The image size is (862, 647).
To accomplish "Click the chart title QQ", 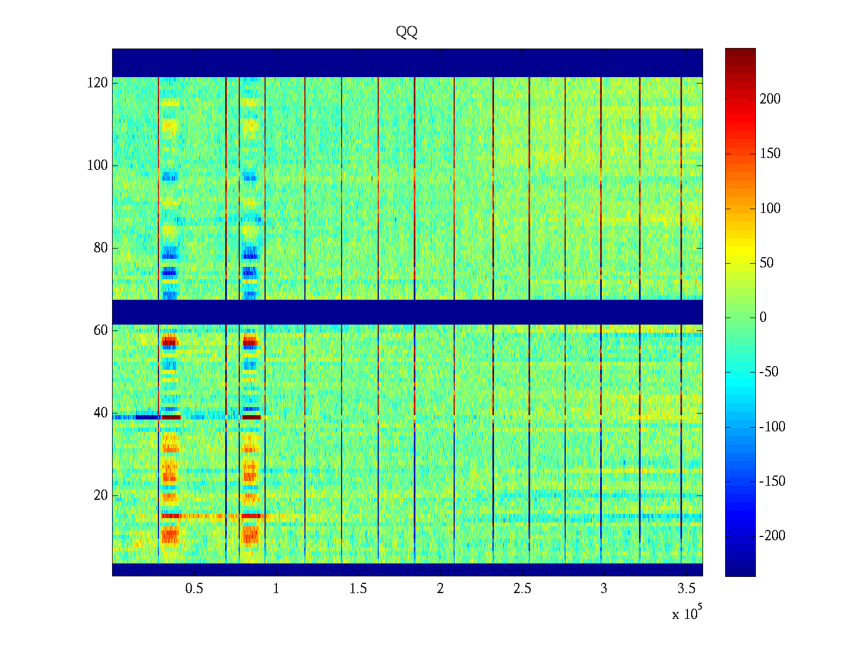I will pyautogui.click(x=407, y=32).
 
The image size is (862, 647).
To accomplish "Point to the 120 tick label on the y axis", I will pyautogui.click(x=98, y=83).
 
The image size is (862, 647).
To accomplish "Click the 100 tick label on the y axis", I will pyautogui.click(x=98, y=166).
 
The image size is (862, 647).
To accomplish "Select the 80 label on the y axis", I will pyautogui.click(x=101, y=248).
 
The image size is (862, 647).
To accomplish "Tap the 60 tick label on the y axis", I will pyautogui.click(x=101, y=331).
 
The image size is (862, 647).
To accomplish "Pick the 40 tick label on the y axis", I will pyautogui.click(x=101, y=413).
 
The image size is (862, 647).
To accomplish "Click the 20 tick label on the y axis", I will pyautogui.click(x=101, y=495).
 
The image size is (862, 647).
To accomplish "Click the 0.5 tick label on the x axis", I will pyautogui.click(x=194, y=589).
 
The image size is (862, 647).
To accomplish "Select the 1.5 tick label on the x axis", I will pyautogui.click(x=358, y=589).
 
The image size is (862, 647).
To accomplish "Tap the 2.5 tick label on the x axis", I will pyautogui.click(x=522, y=589).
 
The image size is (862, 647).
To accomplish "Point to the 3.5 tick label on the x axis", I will pyautogui.click(x=686, y=589).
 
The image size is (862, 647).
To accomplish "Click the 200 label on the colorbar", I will pyautogui.click(x=770, y=99).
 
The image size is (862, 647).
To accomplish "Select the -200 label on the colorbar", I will pyautogui.click(x=772, y=536).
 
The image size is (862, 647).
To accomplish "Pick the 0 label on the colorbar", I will pyautogui.click(x=763, y=318).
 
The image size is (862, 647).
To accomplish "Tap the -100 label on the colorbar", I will pyautogui.click(x=772, y=427).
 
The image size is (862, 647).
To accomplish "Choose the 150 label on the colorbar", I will pyautogui.click(x=770, y=154).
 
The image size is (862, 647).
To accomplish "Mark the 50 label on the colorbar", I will pyautogui.click(x=767, y=263).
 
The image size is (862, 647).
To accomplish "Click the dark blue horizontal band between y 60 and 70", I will pyautogui.click(x=407, y=312).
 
